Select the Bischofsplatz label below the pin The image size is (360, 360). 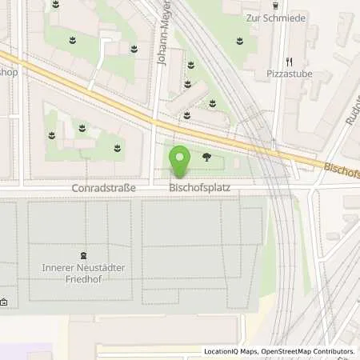tap(196, 188)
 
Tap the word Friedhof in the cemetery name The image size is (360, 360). tap(88, 278)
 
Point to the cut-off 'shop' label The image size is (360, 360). tap(8, 71)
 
